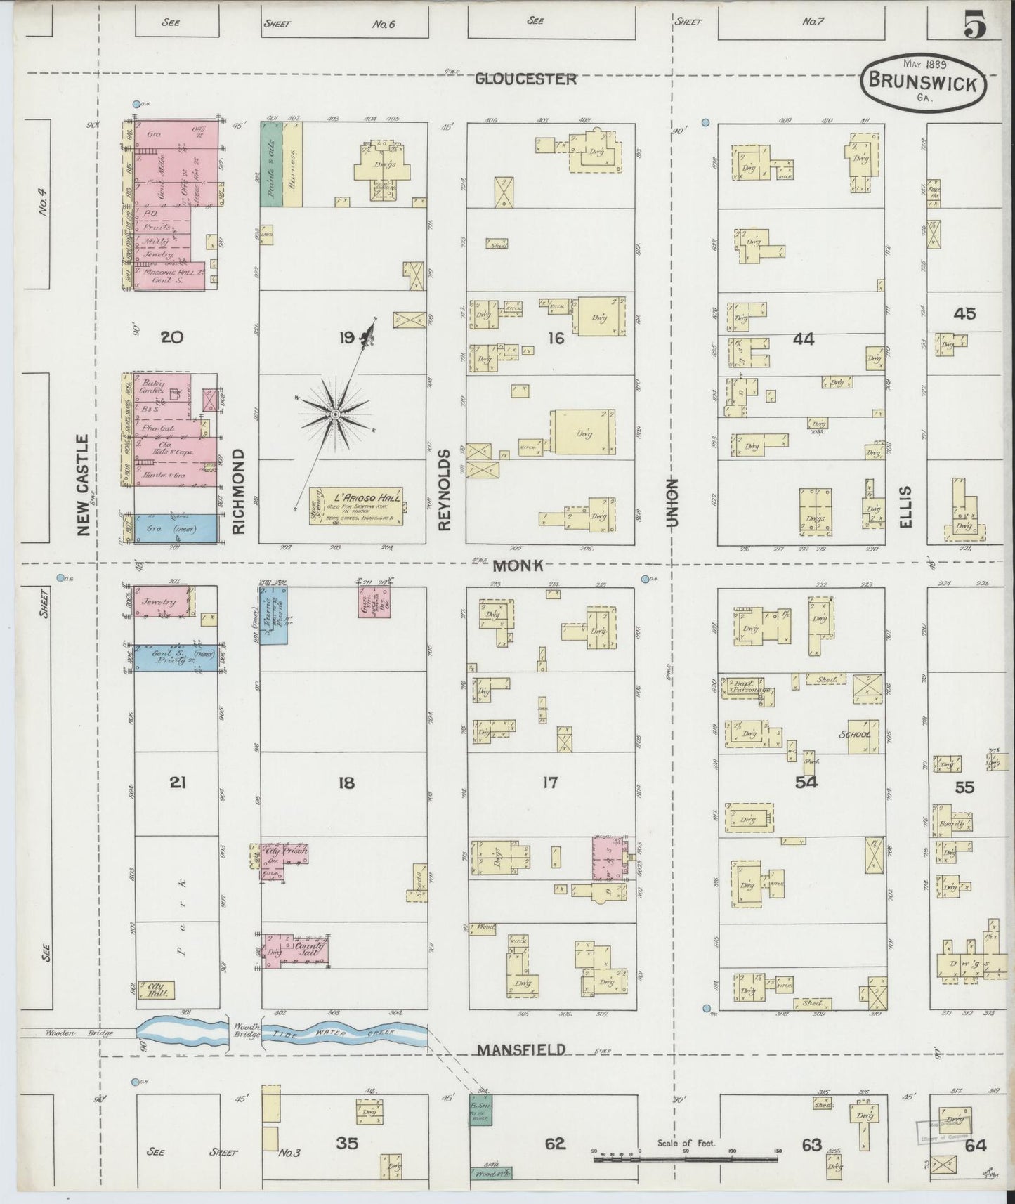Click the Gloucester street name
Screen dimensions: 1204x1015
[525, 79]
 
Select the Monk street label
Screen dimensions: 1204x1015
[518, 565]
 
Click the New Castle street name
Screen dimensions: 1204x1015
[84, 485]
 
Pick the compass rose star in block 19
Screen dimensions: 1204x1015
[335, 415]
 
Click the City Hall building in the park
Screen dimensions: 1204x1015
[156, 989]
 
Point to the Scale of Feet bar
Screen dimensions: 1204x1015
[687, 1158]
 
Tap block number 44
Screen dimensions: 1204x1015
[803, 339]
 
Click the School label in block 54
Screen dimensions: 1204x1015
[855, 735]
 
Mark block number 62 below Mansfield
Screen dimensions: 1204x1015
[555, 1144]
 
